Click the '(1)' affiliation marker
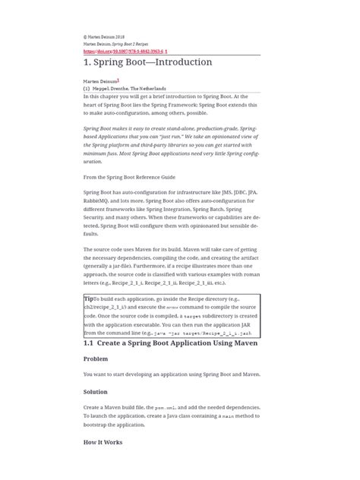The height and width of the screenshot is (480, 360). pyautogui.click(x=87, y=89)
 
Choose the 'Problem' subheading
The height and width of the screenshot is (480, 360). pyautogui.click(x=96, y=358)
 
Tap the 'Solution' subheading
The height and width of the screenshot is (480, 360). pyautogui.click(x=95, y=392)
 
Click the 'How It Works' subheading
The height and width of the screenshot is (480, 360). pyautogui.click(x=103, y=441)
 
